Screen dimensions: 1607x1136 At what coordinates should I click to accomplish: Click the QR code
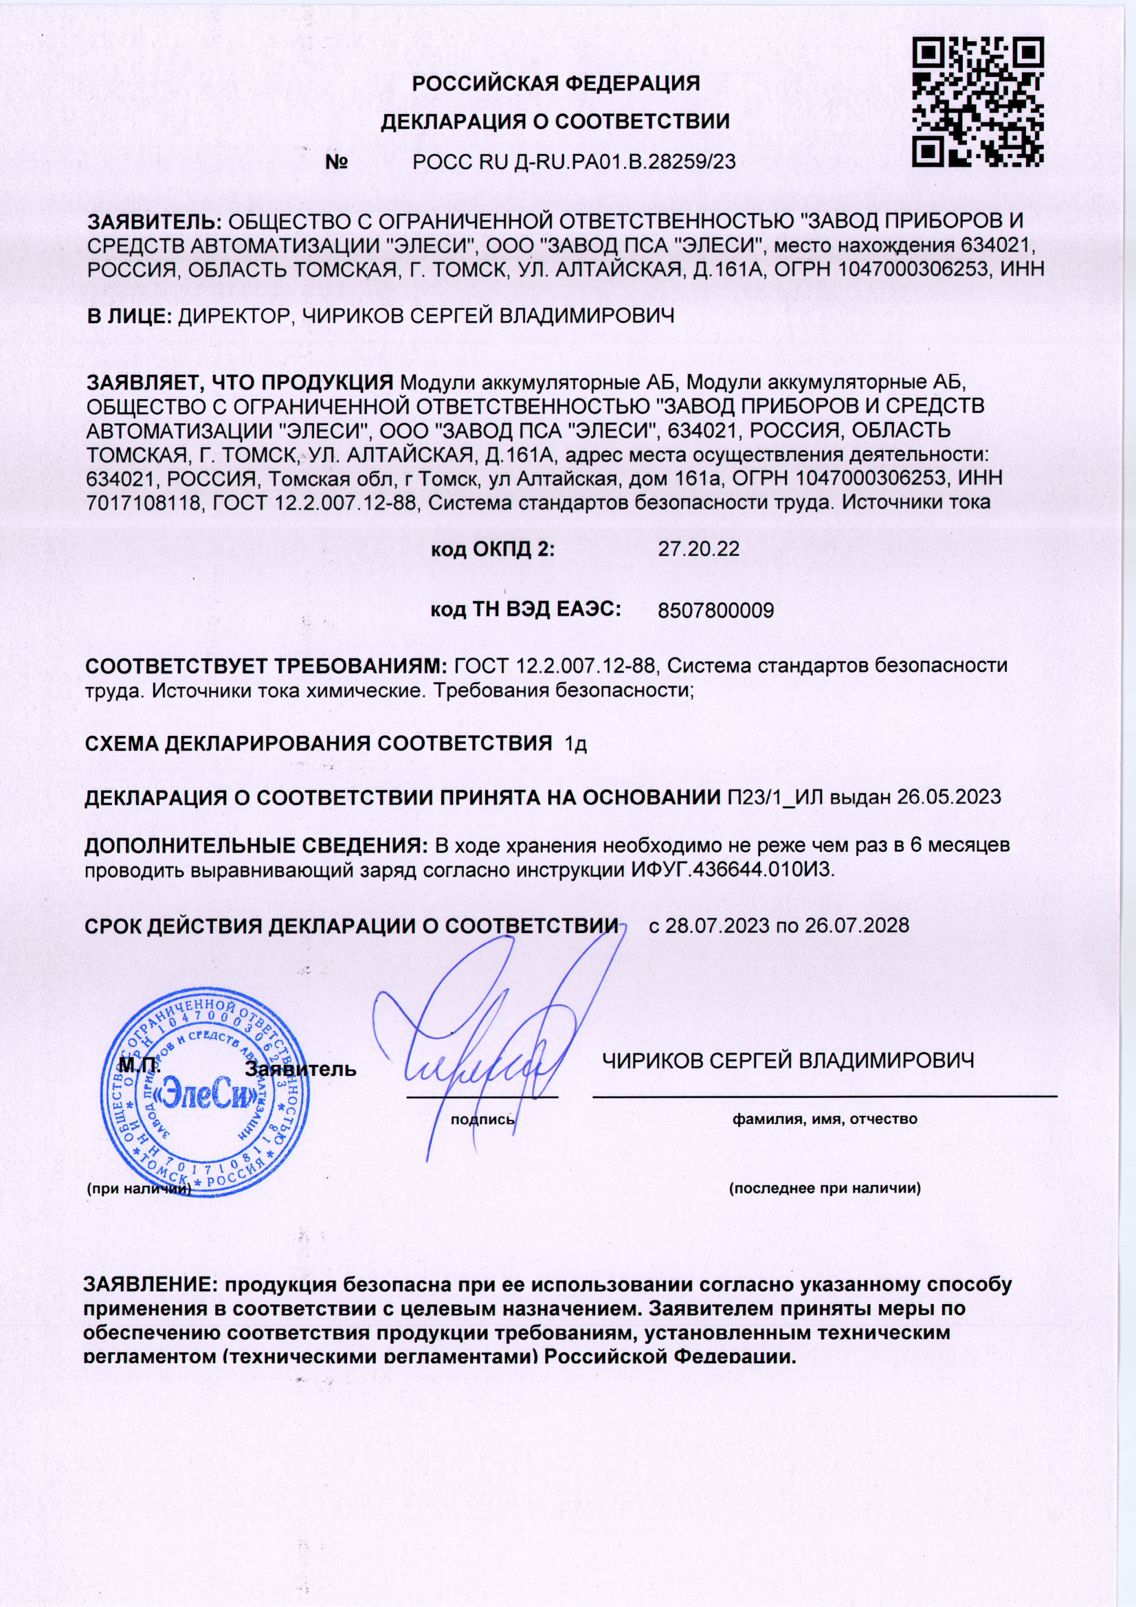979,102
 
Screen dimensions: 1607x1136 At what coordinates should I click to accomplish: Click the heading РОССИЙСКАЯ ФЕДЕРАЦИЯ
556,84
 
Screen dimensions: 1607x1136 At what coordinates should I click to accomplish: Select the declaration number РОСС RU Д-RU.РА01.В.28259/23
574,162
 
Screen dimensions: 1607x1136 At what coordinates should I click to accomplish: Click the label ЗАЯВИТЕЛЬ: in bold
153,222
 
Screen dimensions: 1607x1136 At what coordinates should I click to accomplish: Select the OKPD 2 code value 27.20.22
698,549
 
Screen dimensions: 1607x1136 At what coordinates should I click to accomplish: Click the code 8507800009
715,611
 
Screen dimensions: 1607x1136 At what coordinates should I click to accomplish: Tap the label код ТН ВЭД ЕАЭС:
525,609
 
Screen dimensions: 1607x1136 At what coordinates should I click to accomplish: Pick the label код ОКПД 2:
492,549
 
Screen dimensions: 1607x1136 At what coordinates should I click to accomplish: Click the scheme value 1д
575,744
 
